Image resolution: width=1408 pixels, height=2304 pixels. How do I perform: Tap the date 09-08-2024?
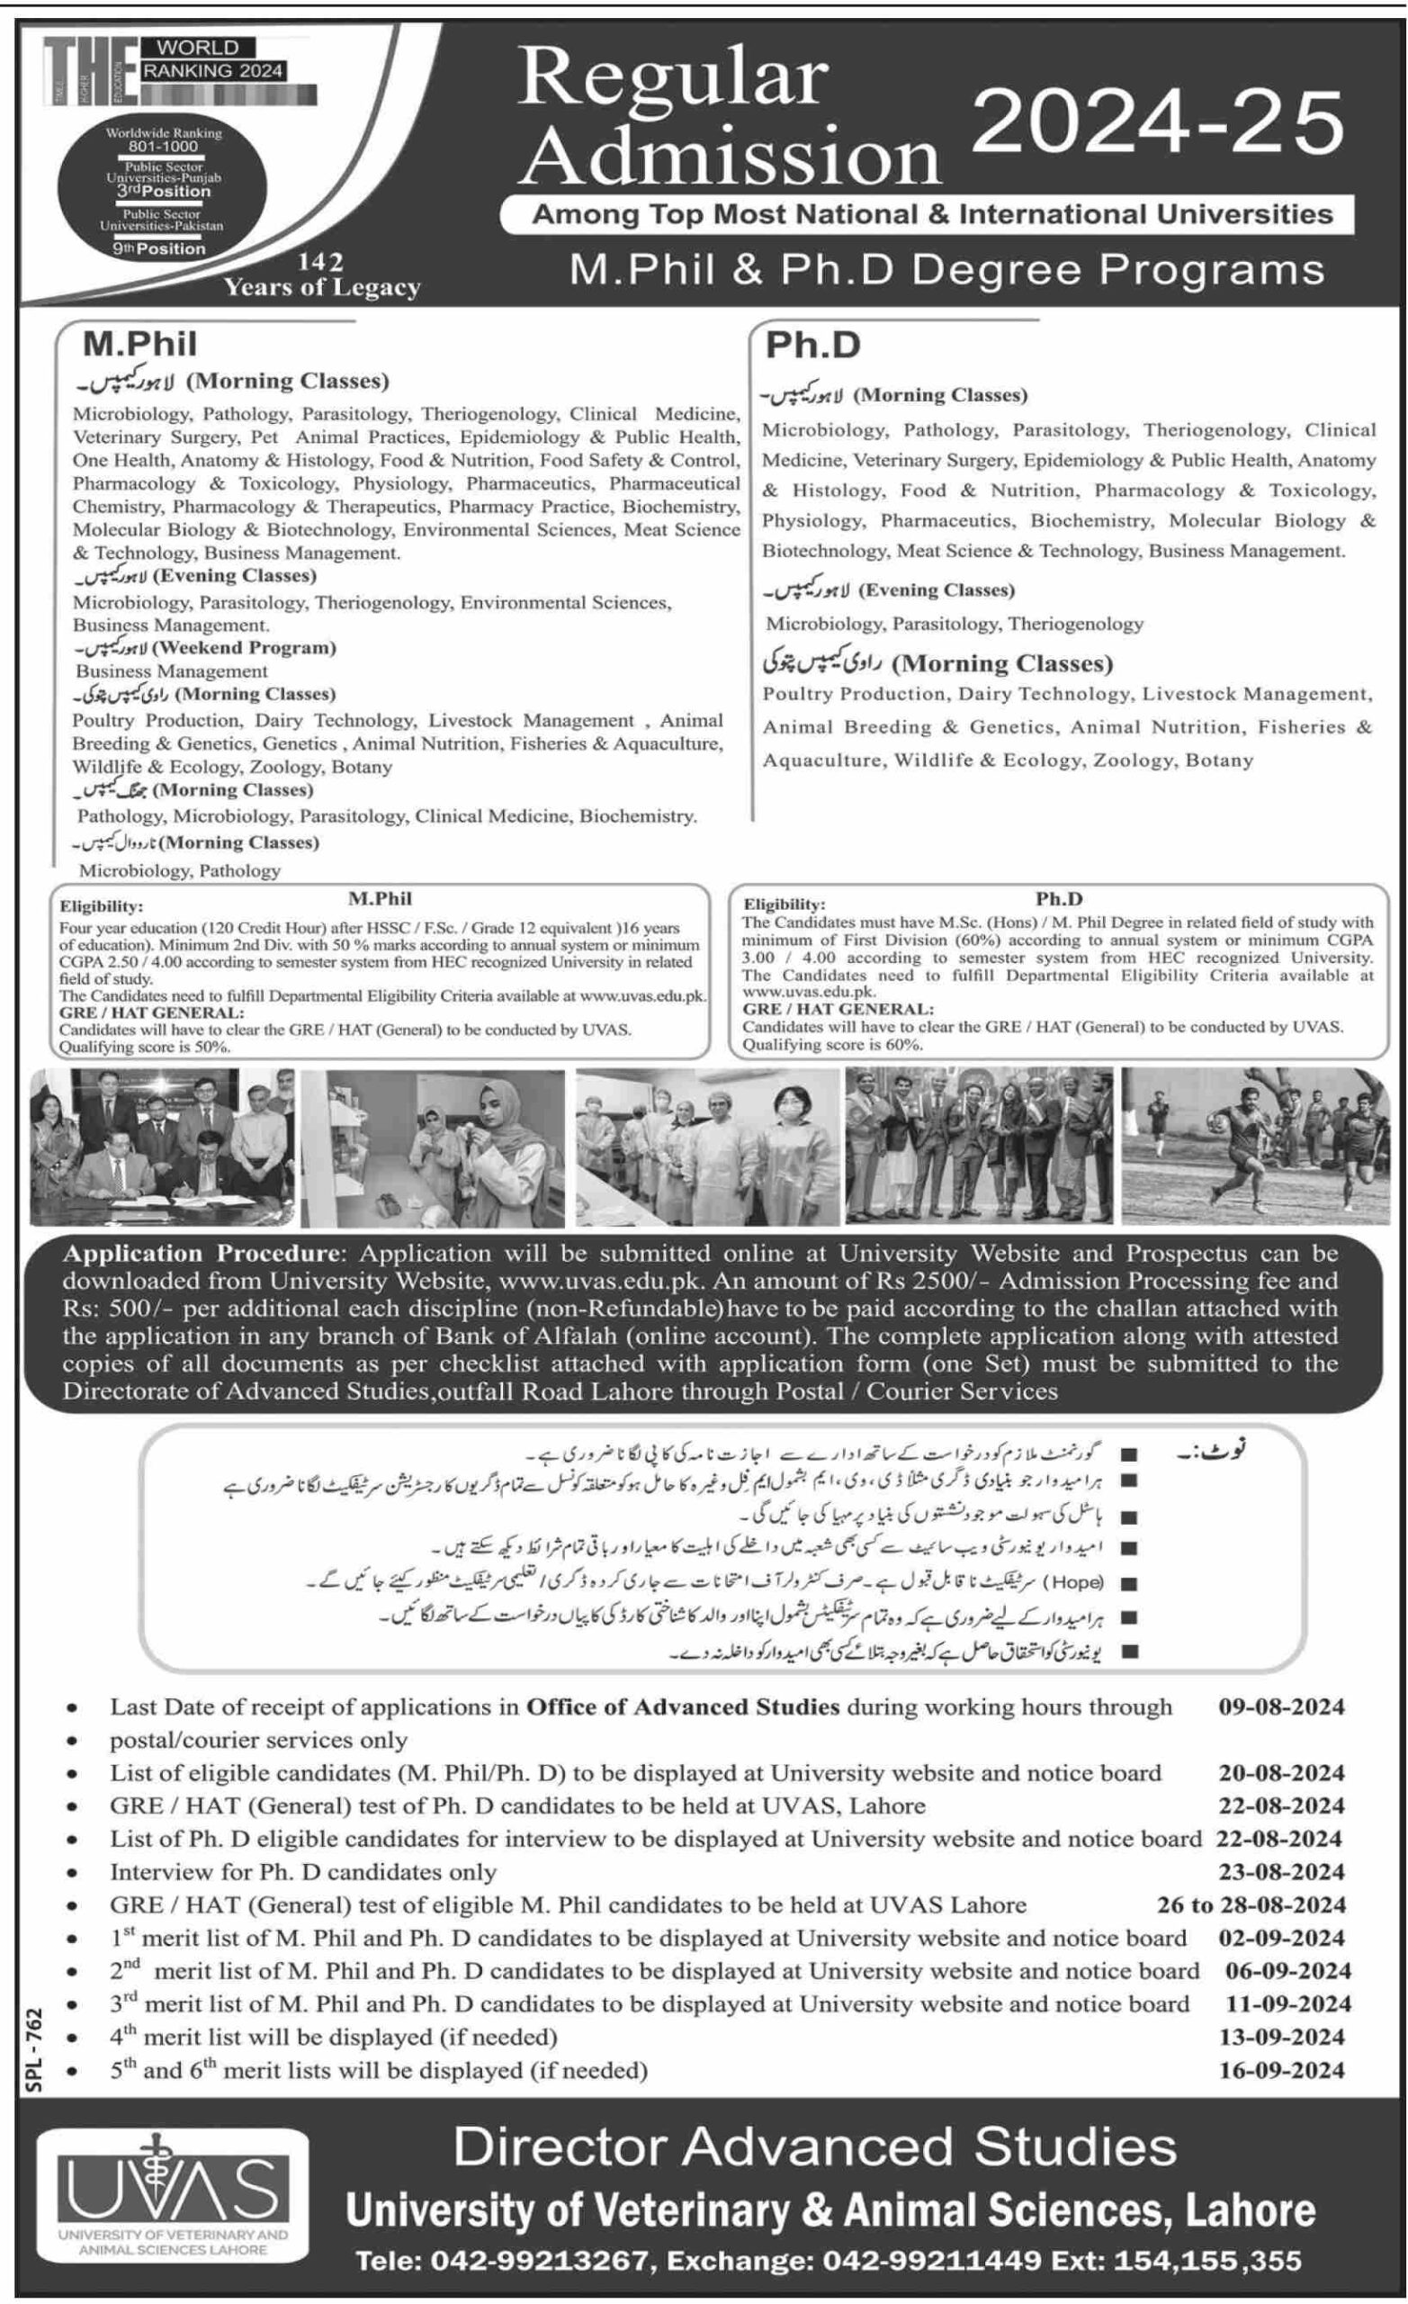coord(1281,1706)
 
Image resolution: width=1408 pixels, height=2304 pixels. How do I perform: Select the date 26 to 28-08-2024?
coord(1251,1904)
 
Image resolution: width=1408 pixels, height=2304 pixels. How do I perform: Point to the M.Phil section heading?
coord(140,344)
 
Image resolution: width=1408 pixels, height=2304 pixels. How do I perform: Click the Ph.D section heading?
coord(812,345)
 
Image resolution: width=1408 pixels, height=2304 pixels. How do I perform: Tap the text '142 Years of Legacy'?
coord(321,275)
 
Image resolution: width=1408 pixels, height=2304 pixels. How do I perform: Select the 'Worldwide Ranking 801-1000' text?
coord(164,139)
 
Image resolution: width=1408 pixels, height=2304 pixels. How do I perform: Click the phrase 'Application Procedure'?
coord(200,1253)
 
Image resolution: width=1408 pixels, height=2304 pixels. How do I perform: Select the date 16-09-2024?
coord(1281,2069)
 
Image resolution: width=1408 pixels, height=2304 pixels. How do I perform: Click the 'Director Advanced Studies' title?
coord(814,2146)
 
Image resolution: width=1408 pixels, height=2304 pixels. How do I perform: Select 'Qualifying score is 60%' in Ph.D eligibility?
coord(832,1045)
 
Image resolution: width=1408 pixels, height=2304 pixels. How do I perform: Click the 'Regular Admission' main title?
coord(730,117)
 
